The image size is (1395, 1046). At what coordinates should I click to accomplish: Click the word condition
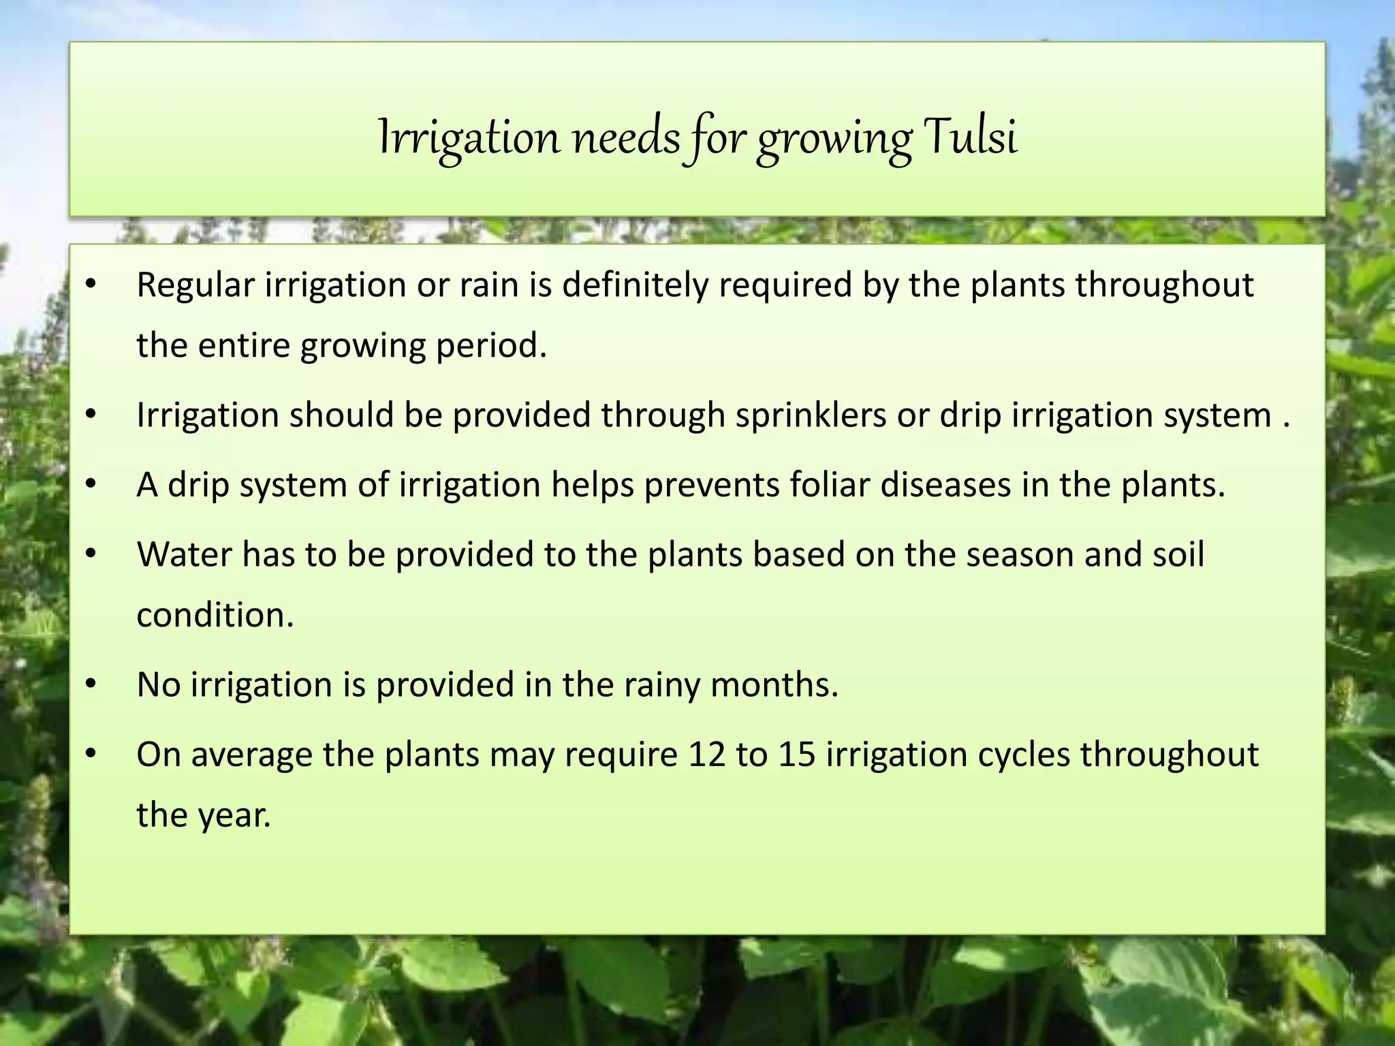coord(215,615)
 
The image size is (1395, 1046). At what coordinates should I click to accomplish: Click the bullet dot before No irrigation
coord(91,684)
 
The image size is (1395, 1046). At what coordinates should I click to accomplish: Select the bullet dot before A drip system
coord(91,485)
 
